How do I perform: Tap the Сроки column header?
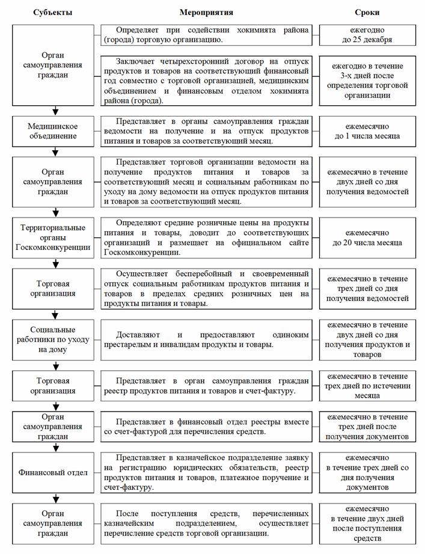[367, 12]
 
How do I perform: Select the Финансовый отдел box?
[55, 472]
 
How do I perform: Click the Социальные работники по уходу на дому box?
[55, 340]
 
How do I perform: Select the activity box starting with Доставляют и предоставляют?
[207, 339]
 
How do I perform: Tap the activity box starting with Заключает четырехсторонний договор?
[207, 81]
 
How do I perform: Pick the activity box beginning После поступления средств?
[207, 523]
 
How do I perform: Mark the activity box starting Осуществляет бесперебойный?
[207, 288]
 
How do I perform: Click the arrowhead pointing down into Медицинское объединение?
[55, 111]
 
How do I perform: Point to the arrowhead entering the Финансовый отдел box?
[55, 448]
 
